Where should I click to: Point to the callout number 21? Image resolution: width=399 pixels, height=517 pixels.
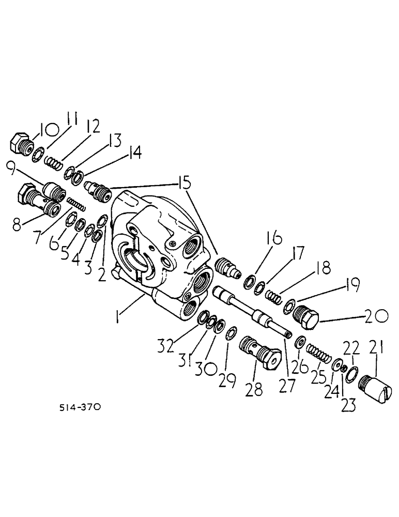(x=376, y=348)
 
